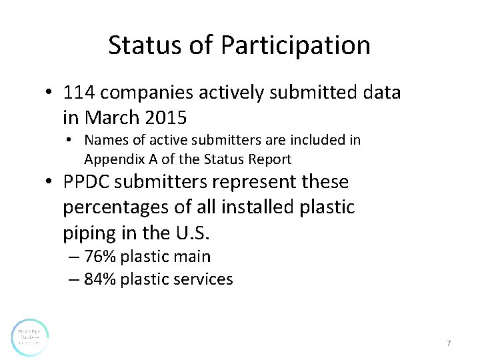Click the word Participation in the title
click(x=295, y=46)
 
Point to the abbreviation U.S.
click(x=199, y=233)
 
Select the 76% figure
click(x=99, y=257)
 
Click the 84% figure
click(x=99, y=279)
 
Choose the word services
click(x=203, y=279)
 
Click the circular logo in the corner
click(x=30, y=337)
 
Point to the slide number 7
click(x=449, y=343)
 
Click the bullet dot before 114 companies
click(x=51, y=93)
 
